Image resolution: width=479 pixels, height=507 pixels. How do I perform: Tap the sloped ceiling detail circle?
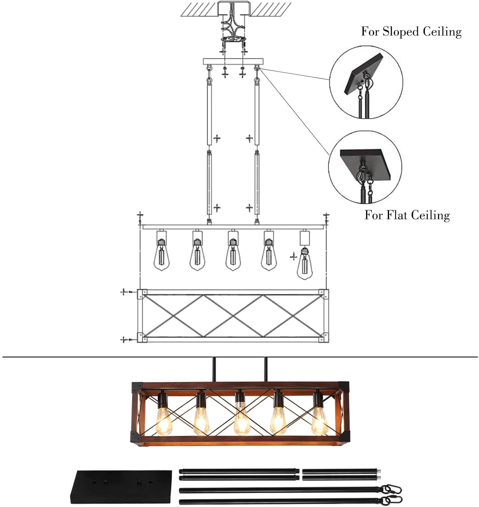(x=366, y=82)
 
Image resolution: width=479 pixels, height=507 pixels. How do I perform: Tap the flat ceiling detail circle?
(x=365, y=167)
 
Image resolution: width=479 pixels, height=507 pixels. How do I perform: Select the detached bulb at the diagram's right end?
(x=305, y=263)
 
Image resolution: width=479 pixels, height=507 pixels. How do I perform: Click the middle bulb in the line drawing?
(x=233, y=255)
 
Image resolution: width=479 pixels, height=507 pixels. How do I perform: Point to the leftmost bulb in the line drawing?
(x=162, y=255)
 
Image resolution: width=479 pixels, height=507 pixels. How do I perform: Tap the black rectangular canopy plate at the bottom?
(x=121, y=487)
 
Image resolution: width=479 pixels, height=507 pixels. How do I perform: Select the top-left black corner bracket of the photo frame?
(x=137, y=388)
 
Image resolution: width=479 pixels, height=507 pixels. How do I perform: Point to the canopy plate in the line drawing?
(x=233, y=62)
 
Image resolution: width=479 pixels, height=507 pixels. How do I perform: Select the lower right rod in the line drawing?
(x=257, y=183)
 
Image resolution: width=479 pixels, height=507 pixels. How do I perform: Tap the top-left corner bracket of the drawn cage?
(x=142, y=294)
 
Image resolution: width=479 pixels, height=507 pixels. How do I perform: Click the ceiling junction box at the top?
(x=233, y=8)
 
